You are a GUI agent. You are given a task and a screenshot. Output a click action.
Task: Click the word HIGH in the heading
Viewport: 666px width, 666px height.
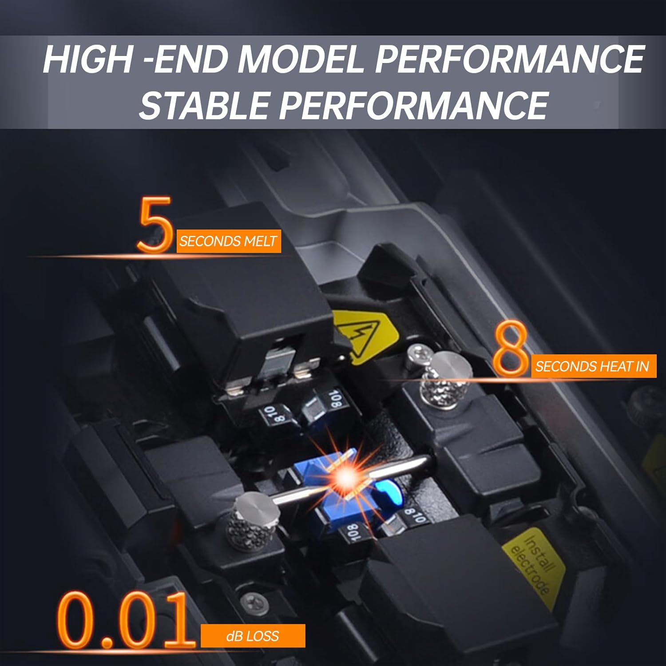87,59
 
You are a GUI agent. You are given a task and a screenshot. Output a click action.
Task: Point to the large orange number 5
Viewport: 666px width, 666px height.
155,225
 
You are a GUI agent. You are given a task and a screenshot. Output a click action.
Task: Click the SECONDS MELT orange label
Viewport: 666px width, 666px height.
228,242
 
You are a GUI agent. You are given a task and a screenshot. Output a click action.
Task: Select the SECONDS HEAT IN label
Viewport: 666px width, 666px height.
593,366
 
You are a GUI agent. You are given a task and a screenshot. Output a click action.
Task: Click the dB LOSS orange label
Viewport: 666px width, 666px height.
252,636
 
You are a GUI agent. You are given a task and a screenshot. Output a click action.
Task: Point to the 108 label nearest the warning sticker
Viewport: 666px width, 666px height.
335,400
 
